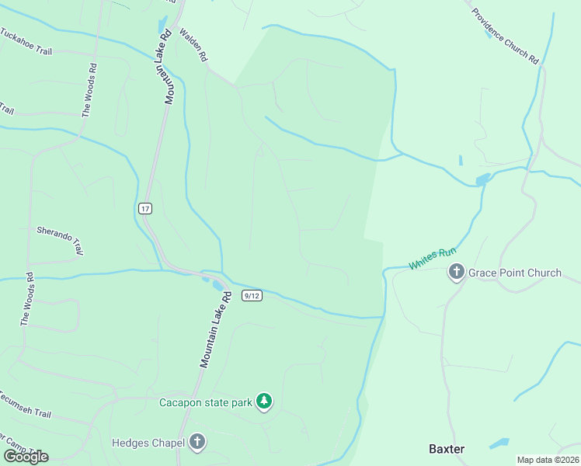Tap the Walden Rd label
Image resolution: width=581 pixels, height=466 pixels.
[x=194, y=46]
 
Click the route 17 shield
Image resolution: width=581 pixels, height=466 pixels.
[x=144, y=208]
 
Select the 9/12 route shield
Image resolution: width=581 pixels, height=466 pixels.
[x=251, y=295]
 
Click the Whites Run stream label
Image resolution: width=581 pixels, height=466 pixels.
[x=432, y=258]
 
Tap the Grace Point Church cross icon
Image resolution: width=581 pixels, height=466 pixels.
[x=456, y=272]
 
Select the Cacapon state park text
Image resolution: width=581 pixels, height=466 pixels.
[x=206, y=402]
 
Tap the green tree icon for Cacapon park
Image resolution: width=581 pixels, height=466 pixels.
[x=265, y=402]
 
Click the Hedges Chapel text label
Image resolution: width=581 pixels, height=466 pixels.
[x=148, y=443]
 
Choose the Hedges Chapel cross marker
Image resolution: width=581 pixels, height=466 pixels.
[x=197, y=443]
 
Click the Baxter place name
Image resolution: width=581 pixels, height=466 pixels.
[x=447, y=449]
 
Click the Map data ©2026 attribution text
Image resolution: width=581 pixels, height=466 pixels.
[x=548, y=460]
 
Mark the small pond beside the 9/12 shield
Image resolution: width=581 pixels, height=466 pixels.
[x=215, y=285]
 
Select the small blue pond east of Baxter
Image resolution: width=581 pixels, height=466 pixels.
[x=499, y=443]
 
